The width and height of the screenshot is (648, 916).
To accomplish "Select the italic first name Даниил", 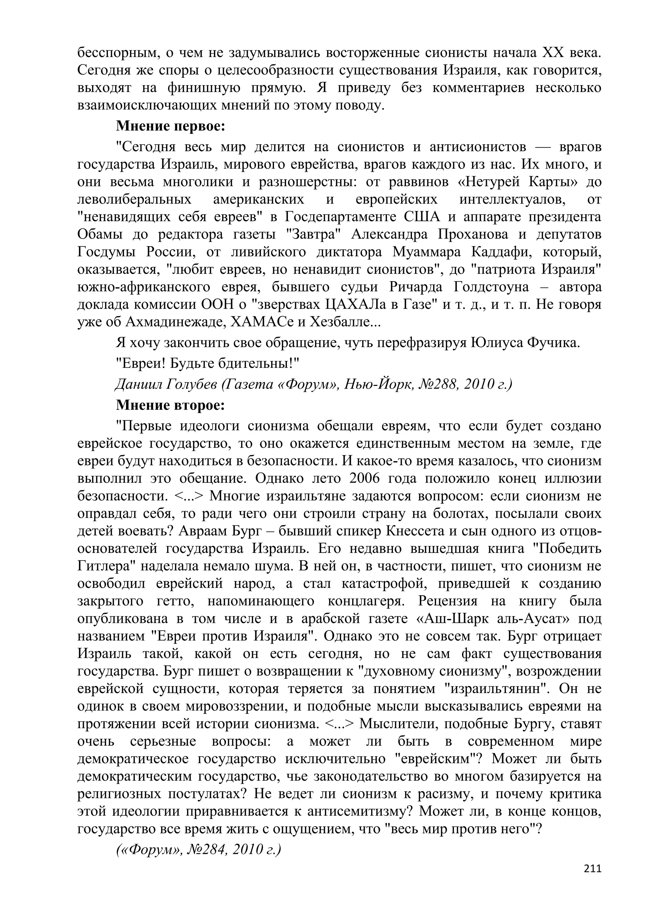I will pos(137,384).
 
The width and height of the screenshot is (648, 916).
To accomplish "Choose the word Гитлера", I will pos(103,566).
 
